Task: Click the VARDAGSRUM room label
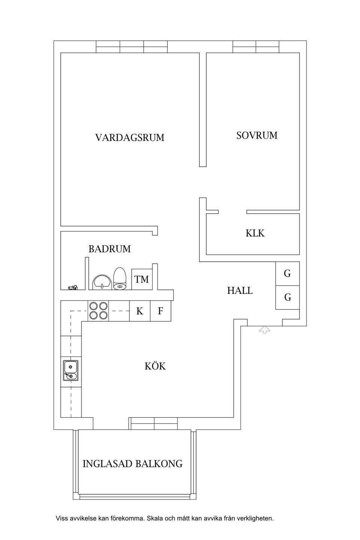[x=130, y=138]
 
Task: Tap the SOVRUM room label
[x=257, y=135]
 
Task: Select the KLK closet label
[x=255, y=233]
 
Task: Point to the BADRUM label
[x=109, y=249]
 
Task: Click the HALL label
[x=240, y=291]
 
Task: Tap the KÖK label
[x=155, y=366]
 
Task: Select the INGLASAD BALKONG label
[x=132, y=464]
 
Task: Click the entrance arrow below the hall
[x=265, y=330]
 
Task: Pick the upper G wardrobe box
[x=288, y=274]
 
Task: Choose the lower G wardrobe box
[x=288, y=297]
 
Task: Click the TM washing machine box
[x=142, y=279]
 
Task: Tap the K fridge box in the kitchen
[x=139, y=311]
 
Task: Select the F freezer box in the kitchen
[x=160, y=311]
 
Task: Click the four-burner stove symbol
[x=98, y=311]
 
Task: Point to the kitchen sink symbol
[x=70, y=370]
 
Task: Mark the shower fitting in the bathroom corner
[x=72, y=288]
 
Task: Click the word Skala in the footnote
[x=155, y=519]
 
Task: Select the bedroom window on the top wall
[x=256, y=46]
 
